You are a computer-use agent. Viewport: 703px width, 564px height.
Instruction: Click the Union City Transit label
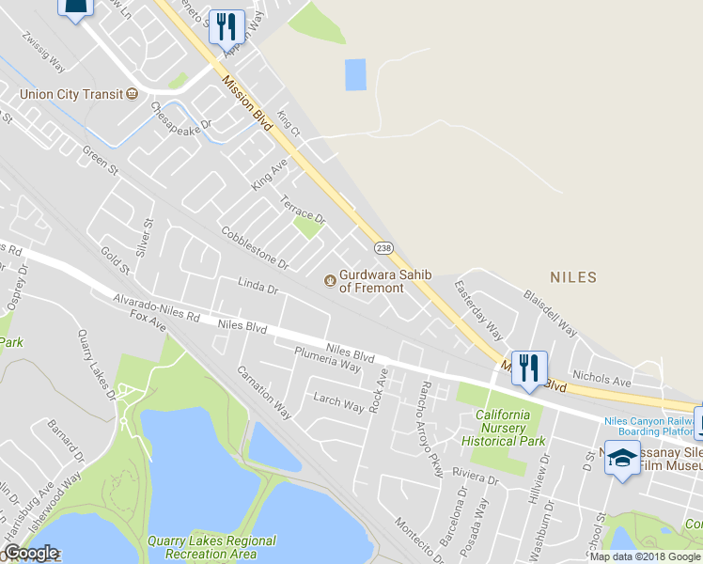pyautogui.click(x=71, y=94)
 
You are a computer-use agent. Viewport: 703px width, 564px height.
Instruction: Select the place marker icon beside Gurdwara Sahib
pyautogui.click(x=329, y=280)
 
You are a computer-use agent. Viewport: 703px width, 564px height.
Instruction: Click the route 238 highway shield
pyautogui.click(x=383, y=247)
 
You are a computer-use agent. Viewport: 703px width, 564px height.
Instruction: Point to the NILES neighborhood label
pyautogui.click(x=573, y=277)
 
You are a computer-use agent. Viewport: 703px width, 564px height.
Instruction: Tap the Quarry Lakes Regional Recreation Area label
pyautogui.click(x=211, y=547)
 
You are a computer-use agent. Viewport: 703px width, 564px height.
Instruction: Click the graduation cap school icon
pyautogui.click(x=621, y=459)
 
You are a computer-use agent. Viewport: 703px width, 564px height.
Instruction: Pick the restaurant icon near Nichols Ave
pyautogui.click(x=529, y=368)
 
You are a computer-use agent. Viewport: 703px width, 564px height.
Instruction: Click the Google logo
pyautogui.click(x=30, y=553)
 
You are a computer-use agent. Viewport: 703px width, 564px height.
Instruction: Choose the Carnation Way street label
pyautogui.click(x=263, y=392)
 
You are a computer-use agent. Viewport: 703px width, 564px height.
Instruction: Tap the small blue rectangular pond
pyautogui.click(x=355, y=74)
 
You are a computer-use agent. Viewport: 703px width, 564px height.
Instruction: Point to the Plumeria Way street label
pyautogui.click(x=327, y=359)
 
